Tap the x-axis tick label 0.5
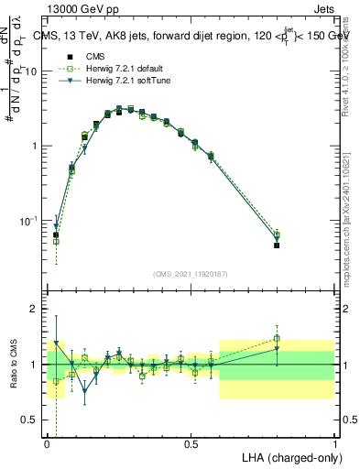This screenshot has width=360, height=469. (x=191, y=444)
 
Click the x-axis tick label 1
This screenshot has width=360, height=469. (x=334, y=444)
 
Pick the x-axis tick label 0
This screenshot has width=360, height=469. (x=47, y=444)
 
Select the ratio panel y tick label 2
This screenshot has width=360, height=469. (x=36, y=309)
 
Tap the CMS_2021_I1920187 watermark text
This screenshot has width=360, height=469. (x=191, y=274)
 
